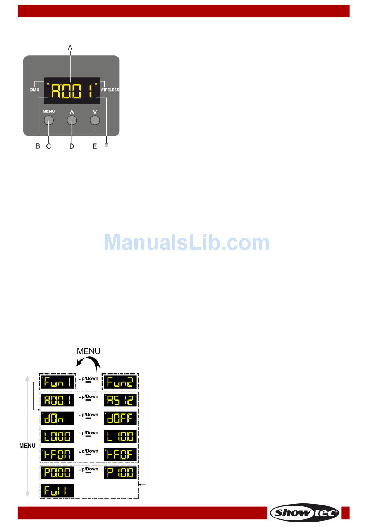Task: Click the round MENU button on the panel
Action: click(x=48, y=121)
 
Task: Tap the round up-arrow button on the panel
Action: click(x=72, y=121)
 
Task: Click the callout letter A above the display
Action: click(x=70, y=48)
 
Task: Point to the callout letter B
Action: click(x=38, y=146)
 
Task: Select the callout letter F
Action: click(x=106, y=146)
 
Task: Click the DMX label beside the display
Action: click(x=35, y=90)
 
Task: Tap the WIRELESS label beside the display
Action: click(x=110, y=90)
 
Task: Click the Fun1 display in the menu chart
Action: click(x=57, y=382)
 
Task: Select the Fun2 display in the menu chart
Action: click(x=120, y=382)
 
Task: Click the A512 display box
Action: click(x=120, y=400)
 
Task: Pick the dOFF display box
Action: click(x=120, y=418)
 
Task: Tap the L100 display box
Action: click(x=120, y=436)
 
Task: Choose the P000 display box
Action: click(x=57, y=473)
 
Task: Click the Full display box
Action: click(x=57, y=491)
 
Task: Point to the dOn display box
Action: click(x=57, y=418)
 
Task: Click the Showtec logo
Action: click(x=304, y=513)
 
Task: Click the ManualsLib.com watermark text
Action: click(x=186, y=243)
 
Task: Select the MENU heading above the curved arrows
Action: click(x=88, y=351)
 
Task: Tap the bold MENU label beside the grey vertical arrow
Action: click(x=27, y=446)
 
